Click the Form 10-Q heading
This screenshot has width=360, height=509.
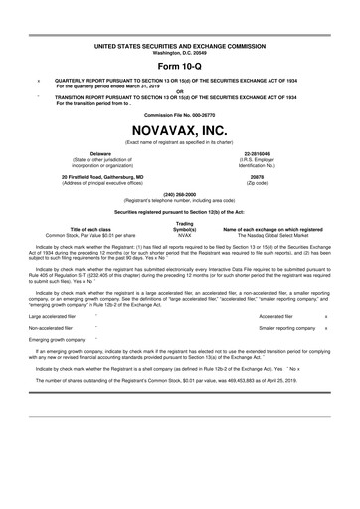179,65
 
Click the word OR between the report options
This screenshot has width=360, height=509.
179,90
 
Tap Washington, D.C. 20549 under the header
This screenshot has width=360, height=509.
179,52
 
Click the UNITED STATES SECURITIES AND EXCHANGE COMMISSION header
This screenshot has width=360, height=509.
179,46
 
